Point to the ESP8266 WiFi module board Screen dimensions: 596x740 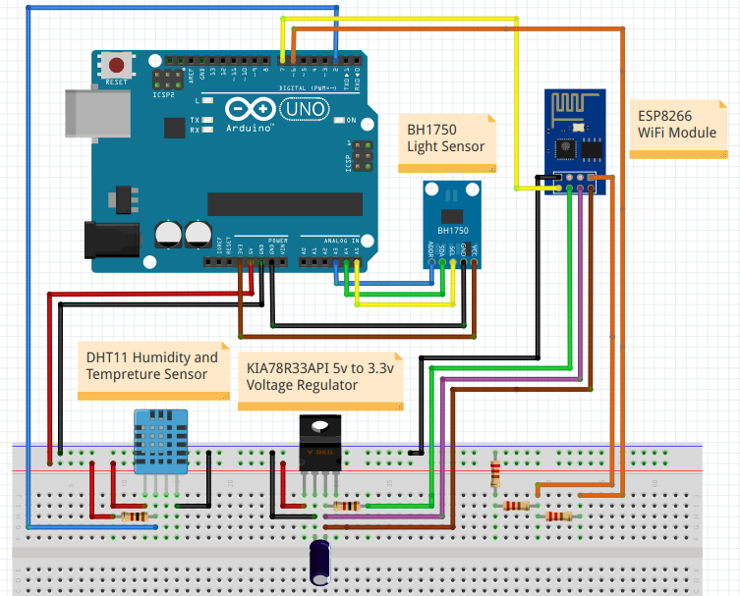tap(573, 142)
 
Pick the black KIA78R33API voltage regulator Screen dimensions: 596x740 tap(319, 447)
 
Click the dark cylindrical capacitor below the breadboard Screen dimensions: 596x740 tap(320, 562)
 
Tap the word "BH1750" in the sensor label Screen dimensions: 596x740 tap(432, 129)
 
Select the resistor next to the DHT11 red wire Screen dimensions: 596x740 tap(133, 516)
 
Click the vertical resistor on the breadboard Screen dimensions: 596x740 tap(494, 472)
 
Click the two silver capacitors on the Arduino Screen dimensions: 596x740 tap(184, 234)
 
